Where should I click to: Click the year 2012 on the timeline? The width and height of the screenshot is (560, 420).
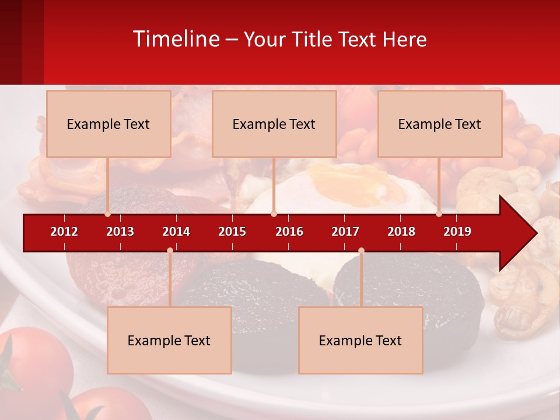tap(64, 232)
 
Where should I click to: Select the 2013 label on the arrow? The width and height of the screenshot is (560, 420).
tap(120, 232)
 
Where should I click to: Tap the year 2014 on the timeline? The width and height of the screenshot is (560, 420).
tap(176, 232)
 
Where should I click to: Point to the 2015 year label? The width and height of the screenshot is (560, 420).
tap(232, 232)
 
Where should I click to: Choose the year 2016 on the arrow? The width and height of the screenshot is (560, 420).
tap(289, 232)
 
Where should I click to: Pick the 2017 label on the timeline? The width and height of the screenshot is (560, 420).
tap(345, 232)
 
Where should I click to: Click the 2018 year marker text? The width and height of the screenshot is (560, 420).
tap(401, 232)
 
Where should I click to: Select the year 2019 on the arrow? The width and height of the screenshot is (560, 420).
tap(457, 232)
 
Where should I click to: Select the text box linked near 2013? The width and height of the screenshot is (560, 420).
tap(108, 124)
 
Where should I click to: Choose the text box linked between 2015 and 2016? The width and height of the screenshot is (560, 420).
tap(274, 124)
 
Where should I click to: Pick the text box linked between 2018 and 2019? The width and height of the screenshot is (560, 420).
tap(440, 124)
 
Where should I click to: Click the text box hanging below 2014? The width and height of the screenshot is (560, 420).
tap(169, 340)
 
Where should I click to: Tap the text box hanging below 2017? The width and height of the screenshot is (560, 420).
tap(360, 340)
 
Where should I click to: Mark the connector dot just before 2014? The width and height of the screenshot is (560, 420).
tap(170, 250)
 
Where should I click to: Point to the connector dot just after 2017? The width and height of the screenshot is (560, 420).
tap(361, 250)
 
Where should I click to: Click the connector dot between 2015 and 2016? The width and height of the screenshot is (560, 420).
tap(274, 213)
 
